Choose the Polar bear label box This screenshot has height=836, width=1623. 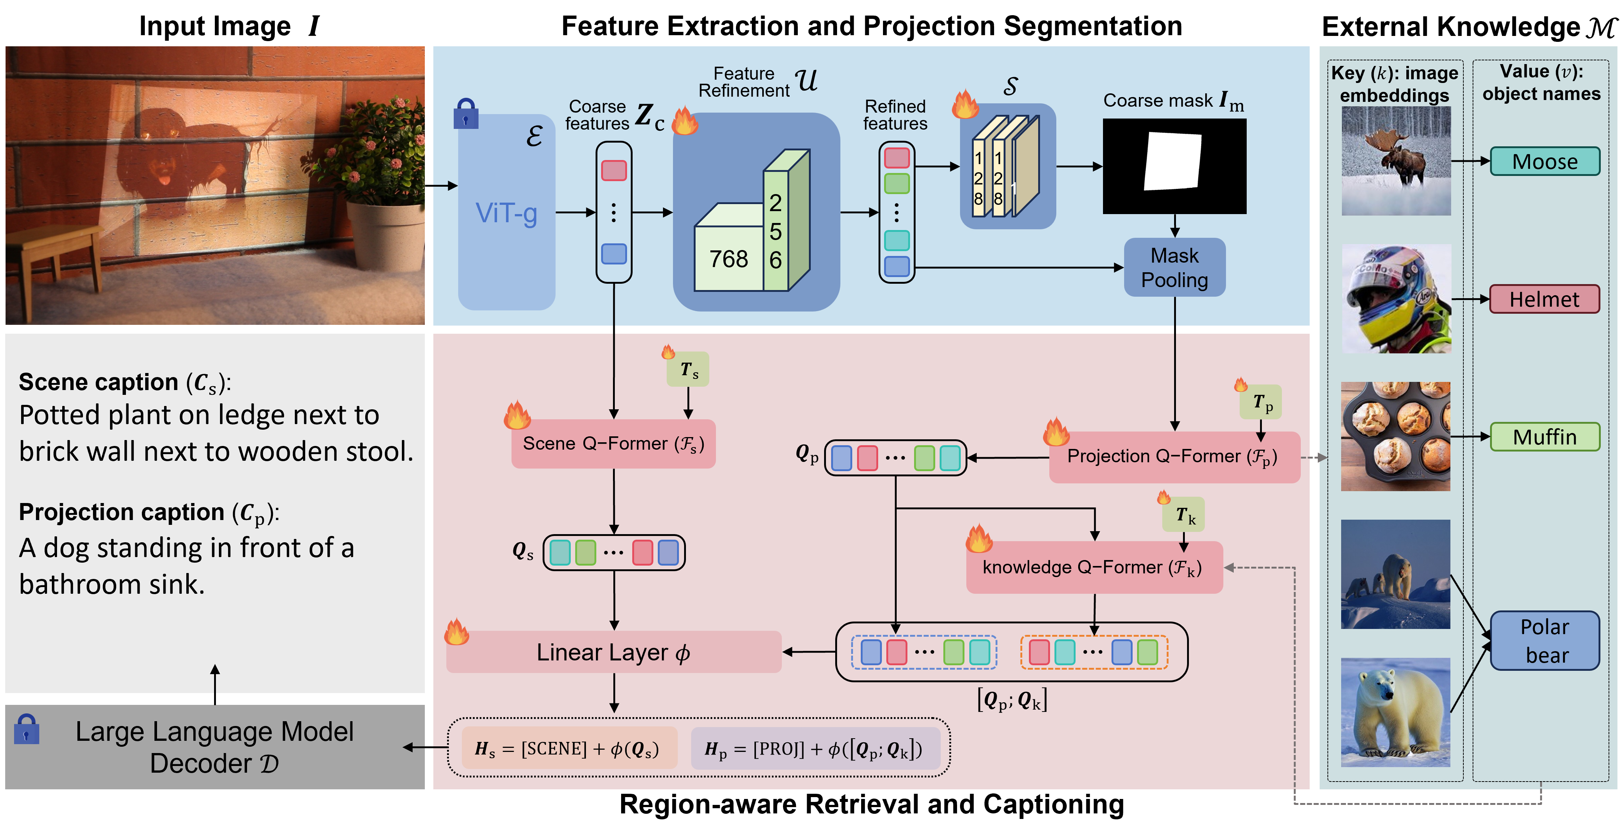tap(1545, 641)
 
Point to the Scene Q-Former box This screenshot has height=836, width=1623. tap(613, 443)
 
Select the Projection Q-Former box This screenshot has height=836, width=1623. tap(1173, 457)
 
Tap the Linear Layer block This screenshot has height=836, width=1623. tap(613, 652)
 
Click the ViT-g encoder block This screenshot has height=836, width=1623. tap(507, 212)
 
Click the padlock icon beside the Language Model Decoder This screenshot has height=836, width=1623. tap(26, 730)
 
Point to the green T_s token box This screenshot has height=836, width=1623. tap(688, 370)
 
